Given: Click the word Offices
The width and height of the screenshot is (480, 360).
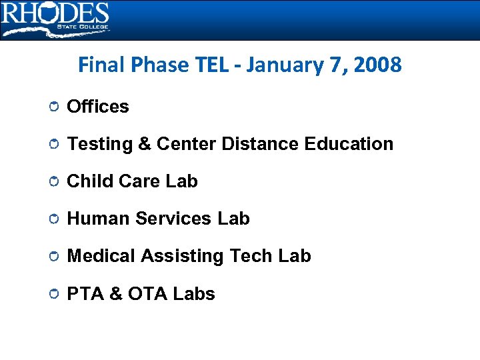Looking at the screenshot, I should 98,107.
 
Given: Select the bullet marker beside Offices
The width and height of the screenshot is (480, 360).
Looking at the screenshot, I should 53,107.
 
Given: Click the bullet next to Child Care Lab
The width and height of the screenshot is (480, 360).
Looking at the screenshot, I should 53,182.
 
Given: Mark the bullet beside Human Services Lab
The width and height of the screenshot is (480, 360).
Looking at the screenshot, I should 53,219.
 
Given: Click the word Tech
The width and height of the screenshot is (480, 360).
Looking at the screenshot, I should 251,256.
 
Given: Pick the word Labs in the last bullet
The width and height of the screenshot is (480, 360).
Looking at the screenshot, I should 193,294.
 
